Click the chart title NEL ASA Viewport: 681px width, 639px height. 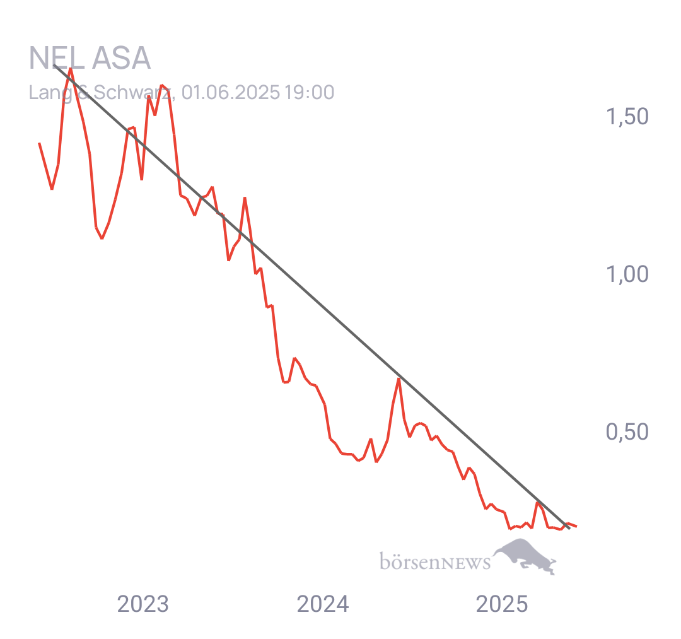click(90, 59)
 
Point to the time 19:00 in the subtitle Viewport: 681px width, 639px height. click(309, 92)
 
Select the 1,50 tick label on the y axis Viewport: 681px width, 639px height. click(627, 117)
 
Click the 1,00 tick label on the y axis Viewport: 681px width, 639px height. click(627, 274)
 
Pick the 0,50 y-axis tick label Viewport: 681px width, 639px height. click(627, 432)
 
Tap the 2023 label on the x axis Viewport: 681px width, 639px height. click(143, 605)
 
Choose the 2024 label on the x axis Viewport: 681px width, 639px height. click(322, 605)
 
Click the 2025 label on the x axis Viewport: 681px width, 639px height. click(501, 605)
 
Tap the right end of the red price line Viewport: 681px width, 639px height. click(576, 526)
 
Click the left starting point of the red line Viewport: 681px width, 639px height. click(39, 143)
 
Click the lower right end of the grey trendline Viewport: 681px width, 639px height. click(569, 528)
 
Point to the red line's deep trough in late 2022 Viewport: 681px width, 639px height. click(102, 238)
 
